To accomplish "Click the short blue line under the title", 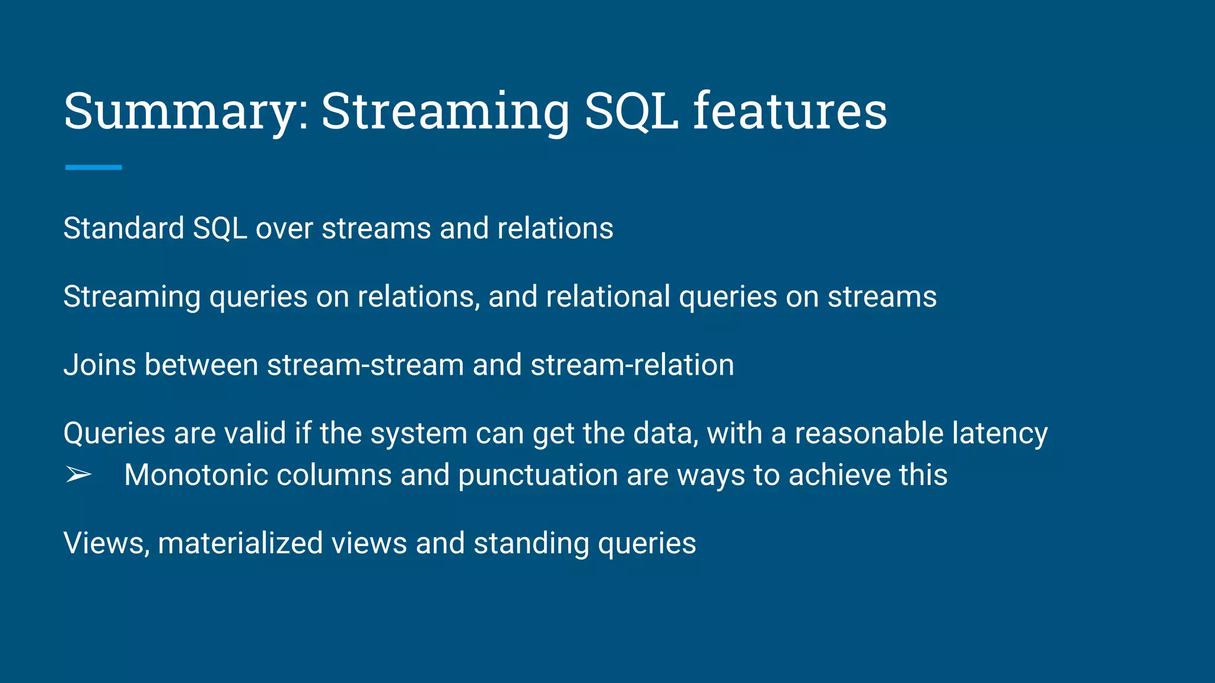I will (93, 168).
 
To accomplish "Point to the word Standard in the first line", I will (123, 228).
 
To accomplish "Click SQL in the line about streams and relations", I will (220, 228).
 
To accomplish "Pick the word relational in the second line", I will (607, 296).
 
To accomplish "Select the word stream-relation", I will (632, 365).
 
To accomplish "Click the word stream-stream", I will (365, 365).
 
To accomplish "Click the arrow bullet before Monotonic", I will (78, 475).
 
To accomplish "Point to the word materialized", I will (240, 543).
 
